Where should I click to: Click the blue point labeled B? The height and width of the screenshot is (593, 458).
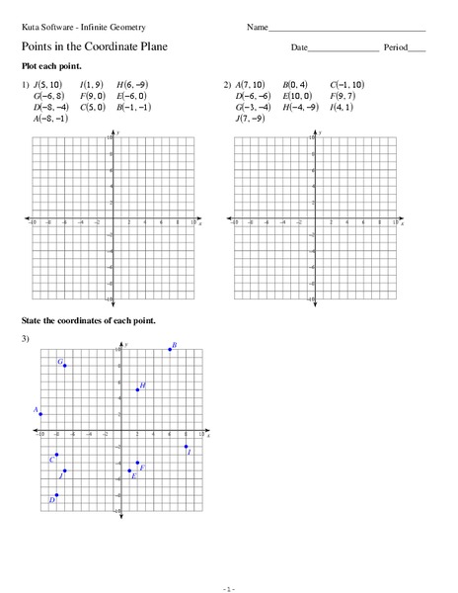coord(170,350)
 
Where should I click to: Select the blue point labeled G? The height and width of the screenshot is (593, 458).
coord(65,366)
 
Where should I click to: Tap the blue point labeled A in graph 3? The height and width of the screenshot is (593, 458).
coord(40,414)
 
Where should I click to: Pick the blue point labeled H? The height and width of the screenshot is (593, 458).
coord(137,389)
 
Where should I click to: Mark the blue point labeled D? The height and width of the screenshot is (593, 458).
coord(56,494)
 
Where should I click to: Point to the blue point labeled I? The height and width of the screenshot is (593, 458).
coord(186,447)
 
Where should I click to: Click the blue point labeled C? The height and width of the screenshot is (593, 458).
coord(56,455)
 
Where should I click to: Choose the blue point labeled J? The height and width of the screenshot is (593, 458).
coord(64,470)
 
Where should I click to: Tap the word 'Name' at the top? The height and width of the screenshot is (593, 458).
coord(257,26)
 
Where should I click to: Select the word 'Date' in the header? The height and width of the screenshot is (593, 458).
coord(299,47)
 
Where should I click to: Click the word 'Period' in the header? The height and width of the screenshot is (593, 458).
coord(395,47)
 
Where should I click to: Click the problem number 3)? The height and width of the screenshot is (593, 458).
coord(26,339)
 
